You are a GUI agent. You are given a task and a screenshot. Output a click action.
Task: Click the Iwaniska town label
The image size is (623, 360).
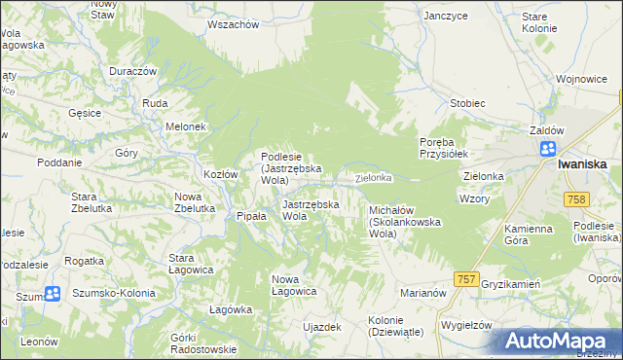pos(583,164)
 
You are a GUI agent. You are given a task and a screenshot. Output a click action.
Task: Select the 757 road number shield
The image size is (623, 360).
pos(466,279)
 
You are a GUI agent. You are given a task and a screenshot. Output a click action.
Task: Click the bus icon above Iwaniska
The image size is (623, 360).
pos(549,149)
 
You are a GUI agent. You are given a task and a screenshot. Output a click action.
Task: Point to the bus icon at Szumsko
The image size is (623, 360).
pos(53,293)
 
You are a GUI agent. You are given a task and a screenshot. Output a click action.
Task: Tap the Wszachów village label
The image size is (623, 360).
pos(233,24)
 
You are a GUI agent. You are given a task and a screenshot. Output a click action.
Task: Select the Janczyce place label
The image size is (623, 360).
pos(447,16)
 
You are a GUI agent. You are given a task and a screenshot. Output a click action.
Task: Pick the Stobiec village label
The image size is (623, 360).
pos(468,102)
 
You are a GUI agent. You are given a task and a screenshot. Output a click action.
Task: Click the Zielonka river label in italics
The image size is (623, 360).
pos(373,178)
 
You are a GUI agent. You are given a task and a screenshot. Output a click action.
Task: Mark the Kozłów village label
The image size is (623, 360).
pos(221,174)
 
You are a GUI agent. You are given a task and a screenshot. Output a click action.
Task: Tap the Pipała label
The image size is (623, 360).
pos(251,216)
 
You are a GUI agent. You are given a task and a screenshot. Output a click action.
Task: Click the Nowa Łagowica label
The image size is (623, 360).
pos(294,285)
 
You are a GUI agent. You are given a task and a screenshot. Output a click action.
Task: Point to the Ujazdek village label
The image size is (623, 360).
pos(322,327)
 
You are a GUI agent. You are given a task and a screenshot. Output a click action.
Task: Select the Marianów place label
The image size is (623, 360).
pos(422,291)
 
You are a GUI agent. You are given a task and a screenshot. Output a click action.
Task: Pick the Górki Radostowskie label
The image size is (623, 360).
pos(203,342)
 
